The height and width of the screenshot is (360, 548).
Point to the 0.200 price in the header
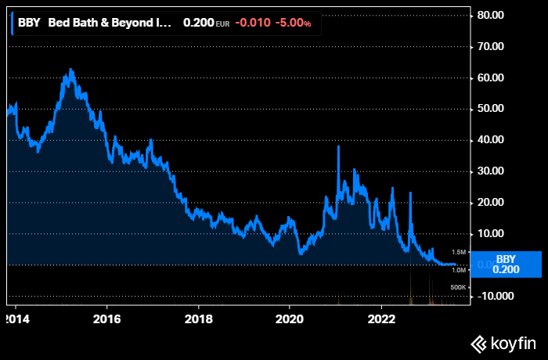197,23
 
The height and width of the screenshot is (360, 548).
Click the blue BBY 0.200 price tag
507,264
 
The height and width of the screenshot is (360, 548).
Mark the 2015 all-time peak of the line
70,70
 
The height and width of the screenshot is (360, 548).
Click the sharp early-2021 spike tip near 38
338,146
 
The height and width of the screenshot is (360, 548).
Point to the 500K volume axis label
459,288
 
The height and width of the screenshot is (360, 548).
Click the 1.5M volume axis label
459,252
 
